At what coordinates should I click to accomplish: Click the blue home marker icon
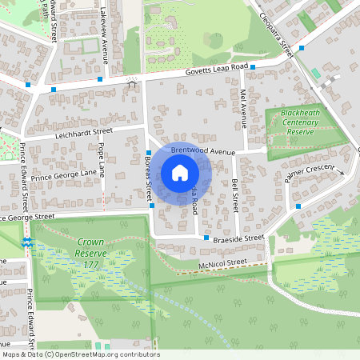(x=180, y=172)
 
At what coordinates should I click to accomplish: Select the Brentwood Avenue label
(x=203, y=150)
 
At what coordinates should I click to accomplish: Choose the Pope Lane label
(x=102, y=161)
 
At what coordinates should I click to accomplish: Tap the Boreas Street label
(x=148, y=178)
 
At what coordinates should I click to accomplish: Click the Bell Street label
(x=235, y=195)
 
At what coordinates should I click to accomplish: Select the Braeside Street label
(x=238, y=238)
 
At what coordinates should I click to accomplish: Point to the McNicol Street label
(x=224, y=262)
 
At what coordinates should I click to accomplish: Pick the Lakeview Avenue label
(x=104, y=37)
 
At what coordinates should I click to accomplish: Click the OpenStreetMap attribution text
(x=80, y=354)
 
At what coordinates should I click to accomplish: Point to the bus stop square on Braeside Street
(x=206, y=238)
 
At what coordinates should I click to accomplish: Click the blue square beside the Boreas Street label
(x=149, y=152)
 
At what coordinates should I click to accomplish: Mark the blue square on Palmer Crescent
(x=298, y=206)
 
